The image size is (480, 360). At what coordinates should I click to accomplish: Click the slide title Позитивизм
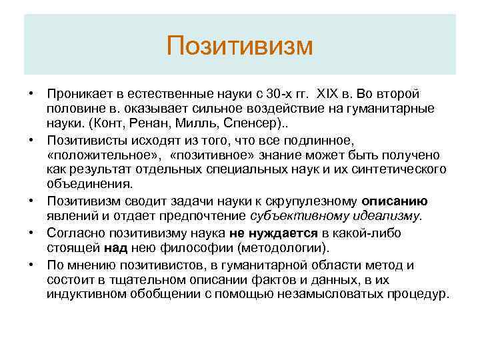click(x=239, y=46)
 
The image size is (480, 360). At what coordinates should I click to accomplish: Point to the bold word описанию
click(x=394, y=201)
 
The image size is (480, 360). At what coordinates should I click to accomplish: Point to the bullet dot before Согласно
click(x=31, y=231)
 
